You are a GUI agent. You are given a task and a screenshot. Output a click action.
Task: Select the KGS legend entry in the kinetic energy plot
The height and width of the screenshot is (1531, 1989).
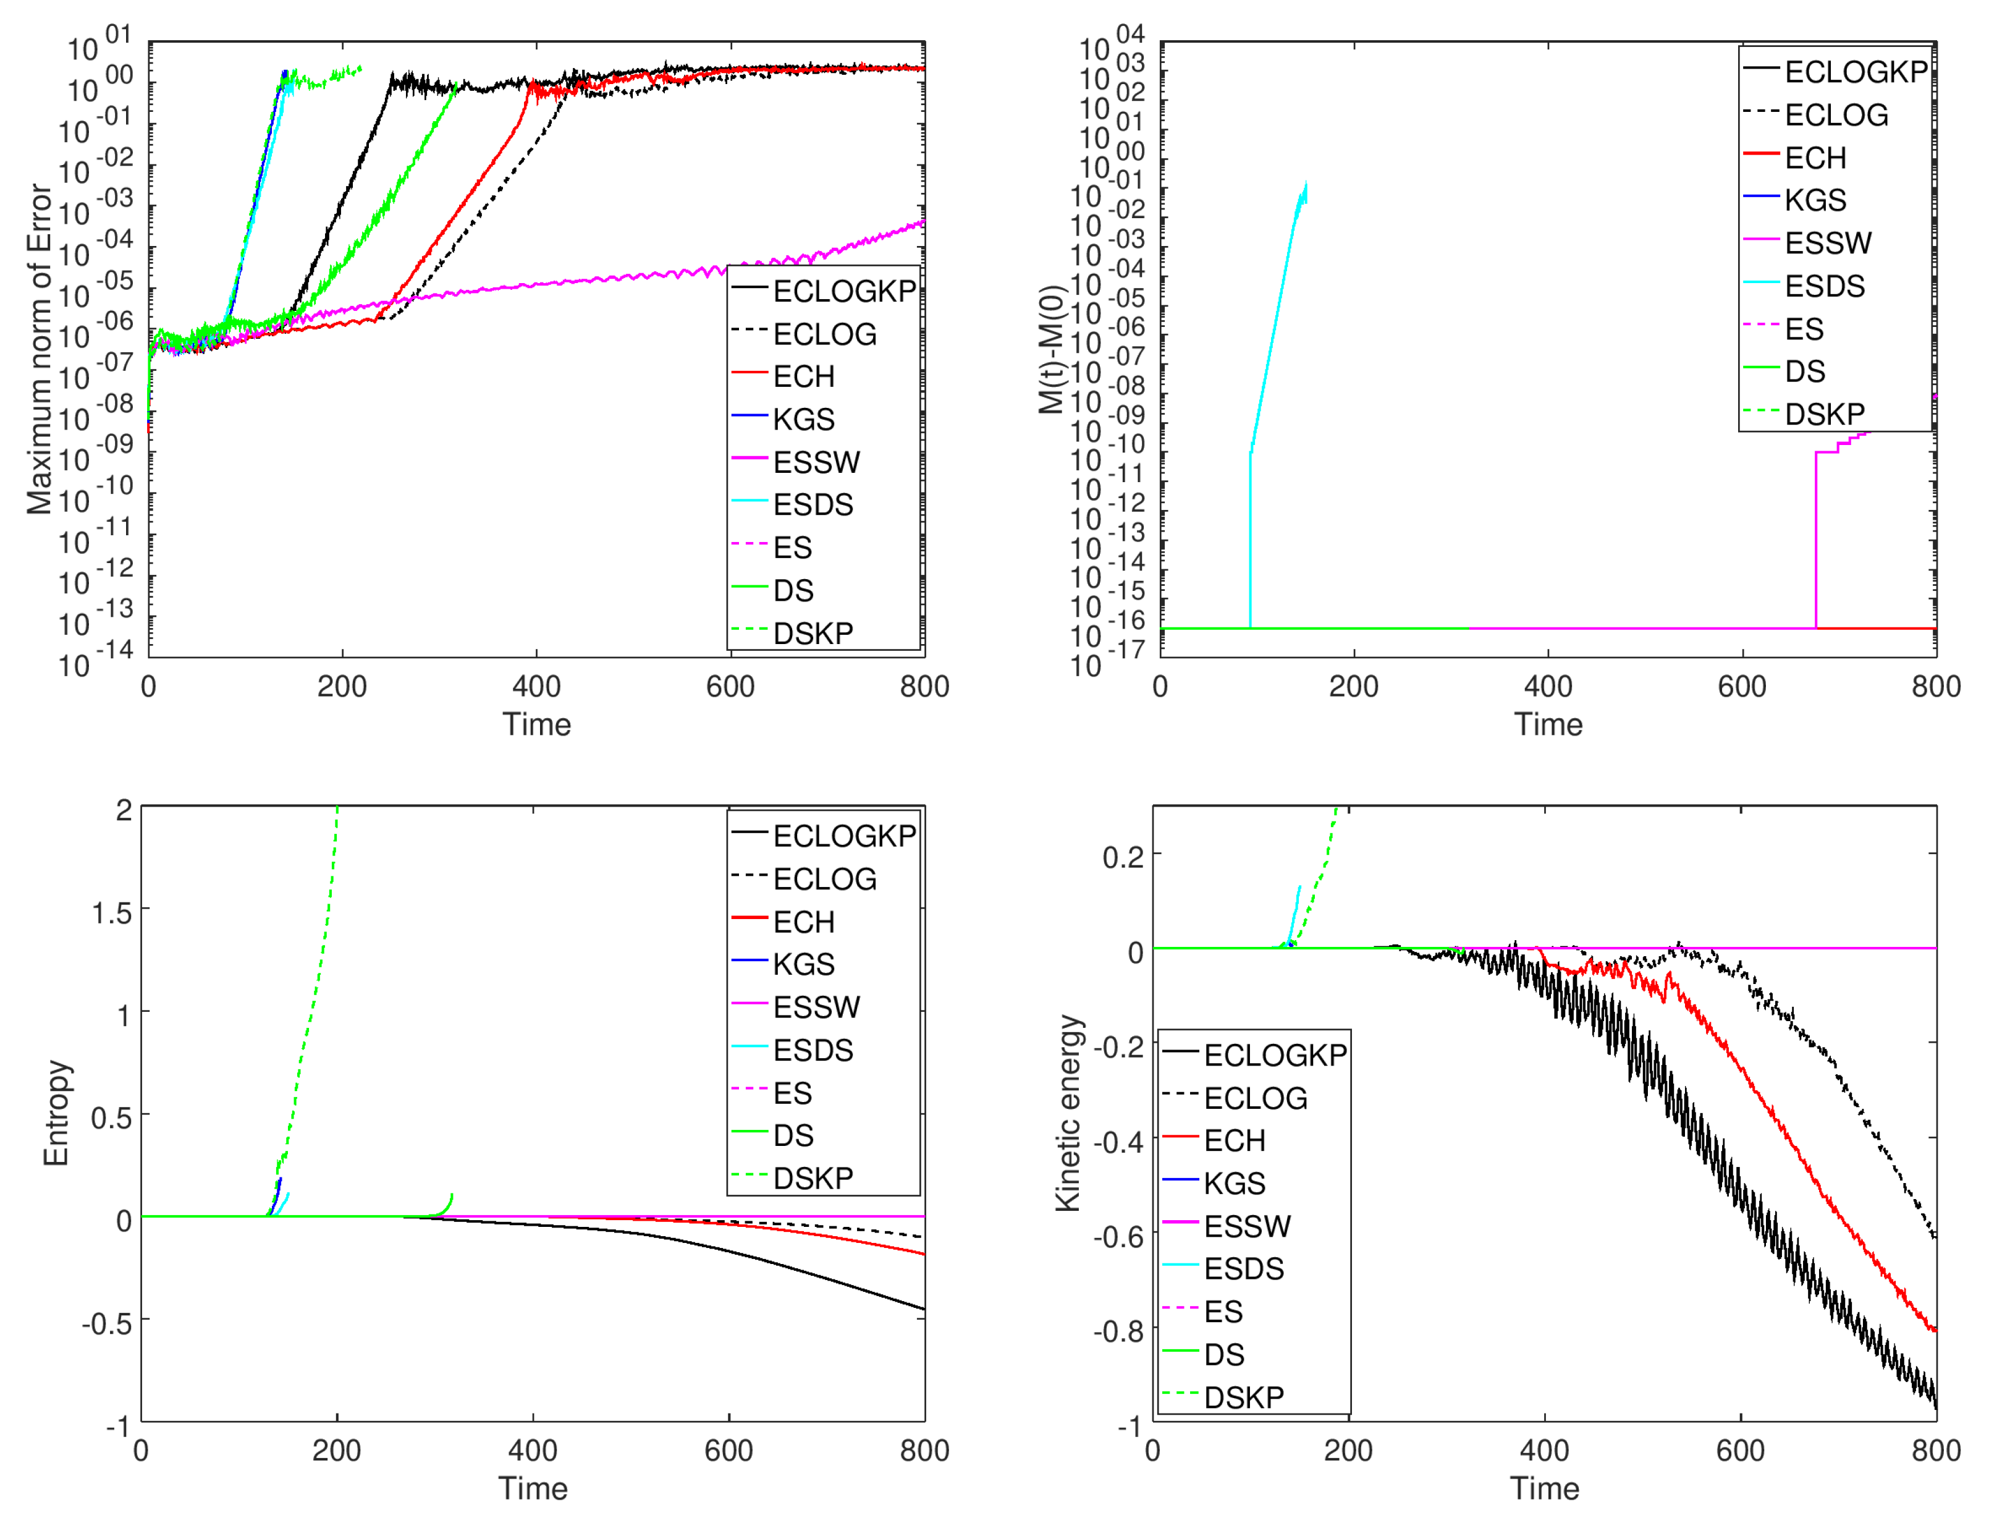coord(1234,1183)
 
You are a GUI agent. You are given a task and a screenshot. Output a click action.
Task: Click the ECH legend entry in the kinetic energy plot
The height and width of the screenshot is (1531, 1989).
coord(1234,1140)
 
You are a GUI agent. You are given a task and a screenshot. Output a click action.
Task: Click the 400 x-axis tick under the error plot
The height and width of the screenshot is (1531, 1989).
coord(536,686)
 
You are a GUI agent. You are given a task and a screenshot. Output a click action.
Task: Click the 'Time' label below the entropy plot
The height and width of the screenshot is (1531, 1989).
coord(533,1488)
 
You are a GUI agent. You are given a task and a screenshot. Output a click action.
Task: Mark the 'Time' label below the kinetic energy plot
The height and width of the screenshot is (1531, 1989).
coord(1545,1488)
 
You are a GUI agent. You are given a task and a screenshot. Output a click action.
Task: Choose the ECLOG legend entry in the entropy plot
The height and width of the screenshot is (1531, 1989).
coord(824,879)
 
